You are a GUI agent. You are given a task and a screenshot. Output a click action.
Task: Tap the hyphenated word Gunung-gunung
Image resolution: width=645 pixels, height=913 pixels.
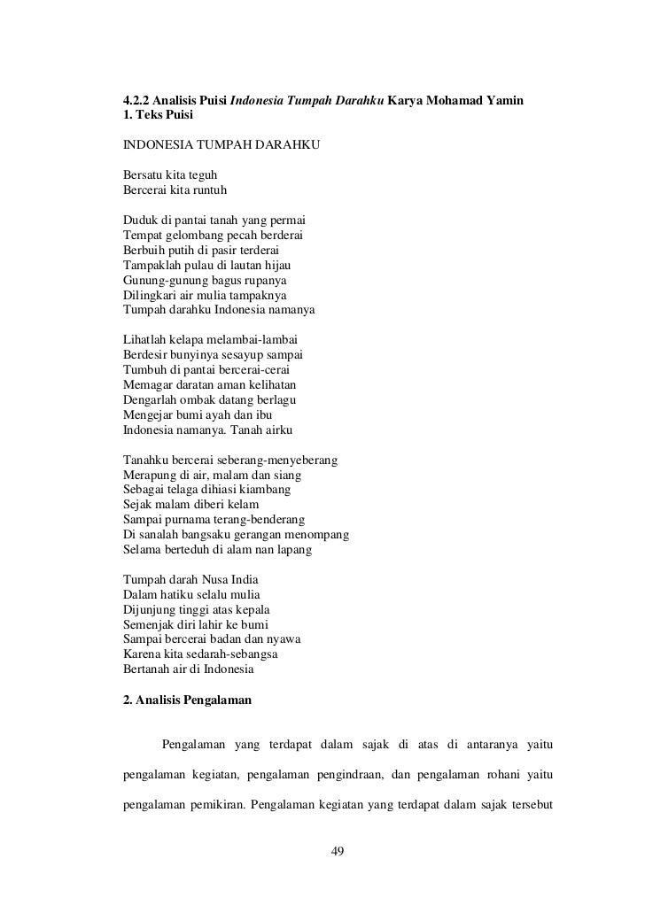162,279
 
